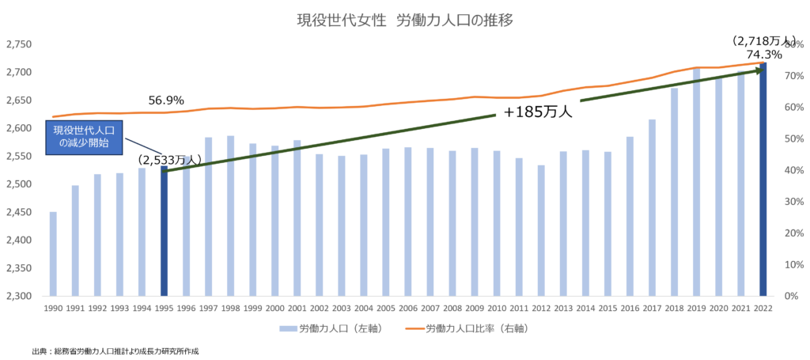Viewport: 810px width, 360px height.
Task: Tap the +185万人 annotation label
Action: click(x=537, y=112)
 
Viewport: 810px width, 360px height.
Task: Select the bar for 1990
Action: click(x=53, y=253)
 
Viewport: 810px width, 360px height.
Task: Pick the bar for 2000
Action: click(x=274, y=221)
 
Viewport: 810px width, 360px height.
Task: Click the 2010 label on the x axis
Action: click(x=497, y=308)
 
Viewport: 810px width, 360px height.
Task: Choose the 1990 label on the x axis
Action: click(x=53, y=308)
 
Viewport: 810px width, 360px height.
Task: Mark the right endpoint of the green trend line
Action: click(x=759, y=70)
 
